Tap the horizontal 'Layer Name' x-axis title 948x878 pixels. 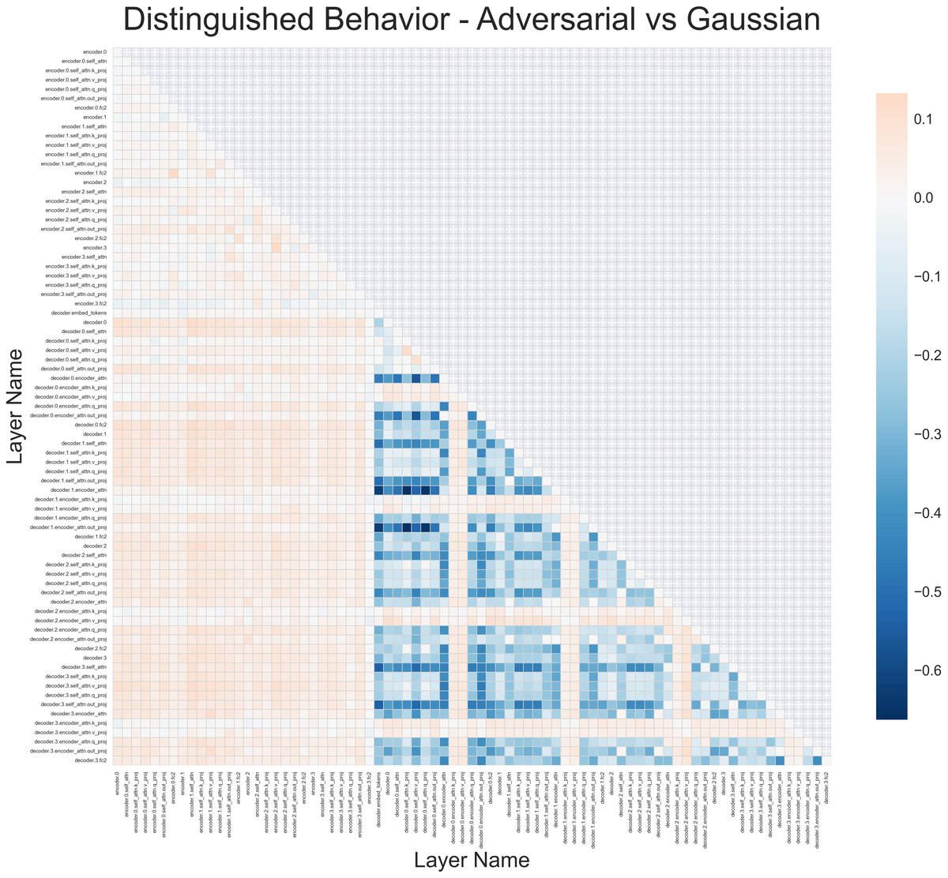(x=472, y=859)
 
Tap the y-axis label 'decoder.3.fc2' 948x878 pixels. (x=90, y=761)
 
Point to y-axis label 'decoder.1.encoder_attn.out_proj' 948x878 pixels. (x=68, y=527)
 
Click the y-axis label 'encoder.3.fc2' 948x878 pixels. (x=90, y=303)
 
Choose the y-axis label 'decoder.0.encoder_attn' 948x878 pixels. (x=77, y=378)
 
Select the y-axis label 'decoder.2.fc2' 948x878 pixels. (x=90, y=648)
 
